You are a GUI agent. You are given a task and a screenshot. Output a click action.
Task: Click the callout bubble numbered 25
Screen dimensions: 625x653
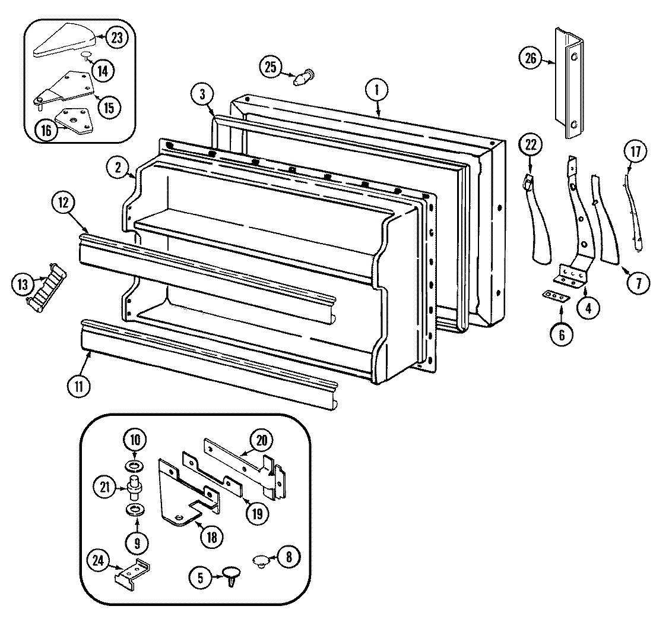[271, 67]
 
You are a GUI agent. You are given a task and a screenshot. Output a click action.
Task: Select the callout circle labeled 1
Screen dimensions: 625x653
[376, 90]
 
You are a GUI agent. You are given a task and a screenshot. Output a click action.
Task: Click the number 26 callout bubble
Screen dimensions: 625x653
[530, 58]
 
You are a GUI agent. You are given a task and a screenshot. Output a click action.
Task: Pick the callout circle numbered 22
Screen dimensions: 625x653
[530, 143]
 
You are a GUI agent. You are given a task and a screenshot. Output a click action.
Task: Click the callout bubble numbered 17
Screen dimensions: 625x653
[635, 151]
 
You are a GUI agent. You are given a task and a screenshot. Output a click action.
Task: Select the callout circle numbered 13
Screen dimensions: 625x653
[23, 285]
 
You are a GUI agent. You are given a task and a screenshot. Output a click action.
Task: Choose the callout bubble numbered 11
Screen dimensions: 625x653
[79, 385]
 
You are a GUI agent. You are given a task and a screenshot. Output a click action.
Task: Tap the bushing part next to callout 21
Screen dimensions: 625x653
[135, 487]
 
